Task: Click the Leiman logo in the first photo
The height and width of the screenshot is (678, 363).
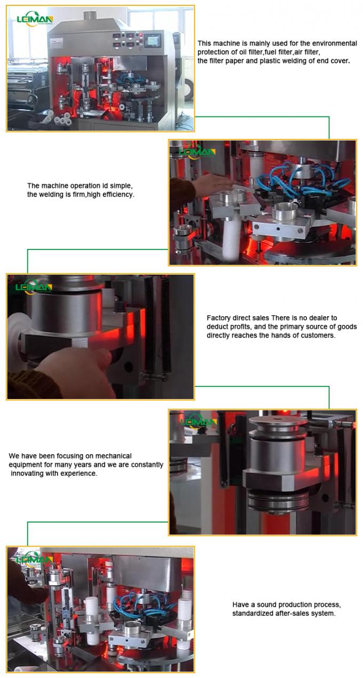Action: [34, 19]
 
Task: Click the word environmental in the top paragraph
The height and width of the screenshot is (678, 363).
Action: [335, 43]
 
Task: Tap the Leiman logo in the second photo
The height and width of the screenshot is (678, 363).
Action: [198, 152]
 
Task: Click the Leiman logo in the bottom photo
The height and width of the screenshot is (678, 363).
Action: [34, 559]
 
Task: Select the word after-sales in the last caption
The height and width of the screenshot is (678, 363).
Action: [291, 613]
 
